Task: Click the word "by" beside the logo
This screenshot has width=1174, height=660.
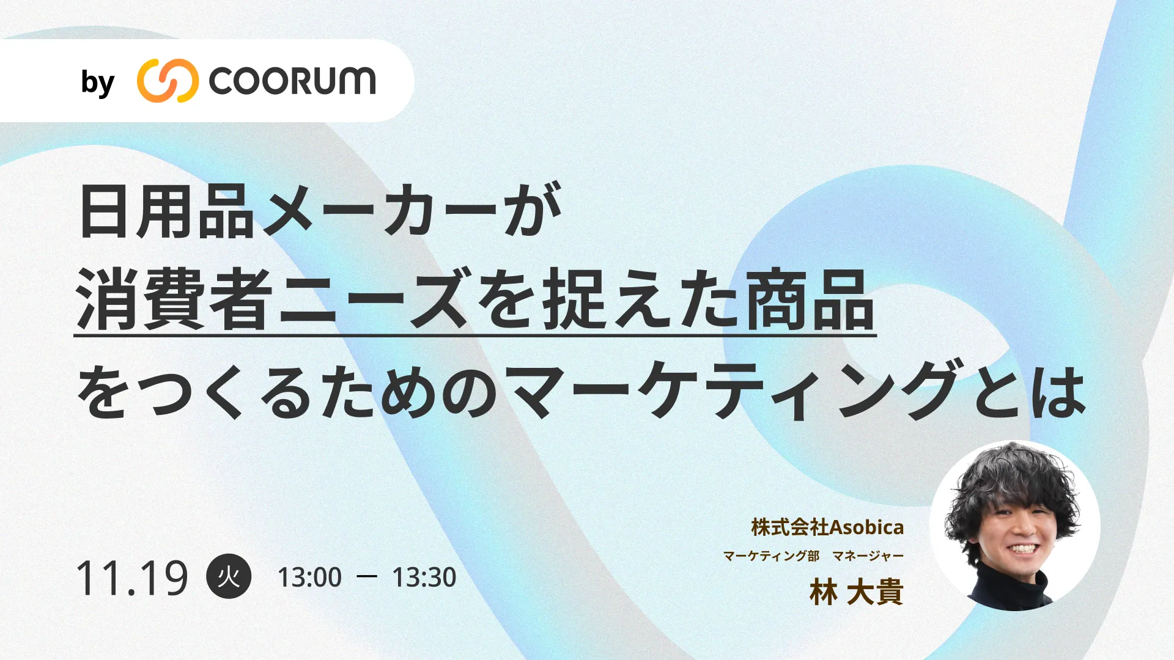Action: coord(98,83)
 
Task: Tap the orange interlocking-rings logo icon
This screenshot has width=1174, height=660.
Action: coord(168,81)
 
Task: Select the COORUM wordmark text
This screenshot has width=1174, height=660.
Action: coord(292,81)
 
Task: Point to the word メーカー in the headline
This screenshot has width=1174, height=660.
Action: coord(379,211)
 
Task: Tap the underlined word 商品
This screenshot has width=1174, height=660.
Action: coord(810,300)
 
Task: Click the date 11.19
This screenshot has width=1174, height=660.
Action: coord(132,578)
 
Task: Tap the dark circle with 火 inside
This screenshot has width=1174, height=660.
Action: coord(229,576)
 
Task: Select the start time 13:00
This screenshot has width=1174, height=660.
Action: coord(309,577)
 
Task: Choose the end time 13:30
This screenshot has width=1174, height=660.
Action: coord(424,577)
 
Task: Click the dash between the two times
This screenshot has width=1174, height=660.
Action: coord(366,576)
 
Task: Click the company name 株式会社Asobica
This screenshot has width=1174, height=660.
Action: coord(827,527)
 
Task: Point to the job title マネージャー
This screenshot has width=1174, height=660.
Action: coord(868,556)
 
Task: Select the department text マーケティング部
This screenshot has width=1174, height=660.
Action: coord(771,556)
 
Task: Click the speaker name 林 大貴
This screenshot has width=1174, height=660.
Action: coord(856,592)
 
